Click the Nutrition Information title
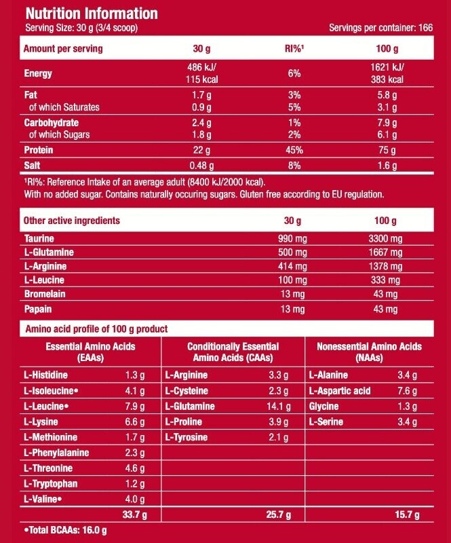[x=92, y=14]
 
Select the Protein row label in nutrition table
[x=38, y=150]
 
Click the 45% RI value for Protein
[x=294, y=150]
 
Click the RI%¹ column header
[x=294, y=49]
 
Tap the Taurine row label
[x=39, y=239]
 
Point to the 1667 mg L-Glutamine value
[x=386, y=252]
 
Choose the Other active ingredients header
[x=71, y=221]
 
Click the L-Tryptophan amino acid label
[x=52, y=483]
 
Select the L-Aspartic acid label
[x=340, y=391]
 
